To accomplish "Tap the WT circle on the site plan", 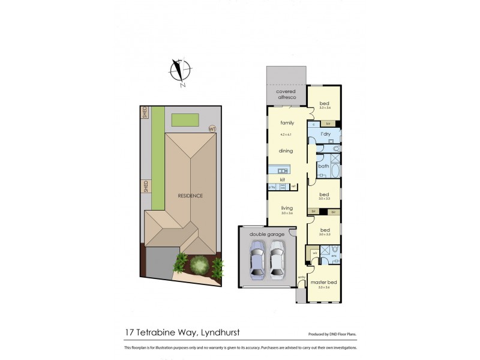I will point(212,128).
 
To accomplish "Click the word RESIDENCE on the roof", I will point(190,196).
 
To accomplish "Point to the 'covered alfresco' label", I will point(286,95).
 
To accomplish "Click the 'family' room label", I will point(287,122).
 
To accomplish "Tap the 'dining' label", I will point(285,151).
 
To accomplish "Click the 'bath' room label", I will point(323,166).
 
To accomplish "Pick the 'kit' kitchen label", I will point(282,179).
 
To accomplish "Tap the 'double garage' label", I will point(267,234).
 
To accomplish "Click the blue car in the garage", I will point(257,259).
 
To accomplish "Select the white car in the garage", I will point(277,259).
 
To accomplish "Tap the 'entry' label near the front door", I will point(302,277).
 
